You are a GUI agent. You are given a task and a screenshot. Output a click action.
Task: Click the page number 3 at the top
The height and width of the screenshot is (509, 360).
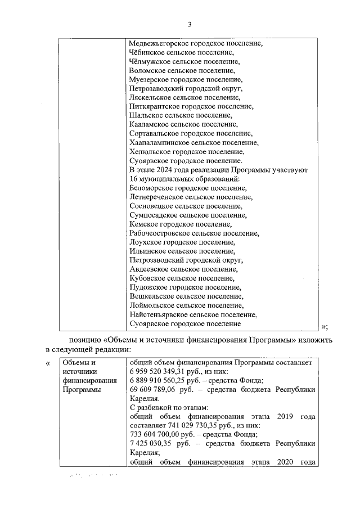coord(190,24)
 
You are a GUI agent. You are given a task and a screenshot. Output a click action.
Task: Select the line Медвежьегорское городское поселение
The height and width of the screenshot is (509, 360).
coord(196,43)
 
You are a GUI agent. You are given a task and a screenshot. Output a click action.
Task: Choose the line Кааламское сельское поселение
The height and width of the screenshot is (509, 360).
coord(183,124)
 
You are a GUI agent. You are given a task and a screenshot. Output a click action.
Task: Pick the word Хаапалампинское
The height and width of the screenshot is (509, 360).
coord(158,142)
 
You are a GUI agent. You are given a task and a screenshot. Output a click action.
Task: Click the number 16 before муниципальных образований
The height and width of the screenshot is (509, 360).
coord(134,179)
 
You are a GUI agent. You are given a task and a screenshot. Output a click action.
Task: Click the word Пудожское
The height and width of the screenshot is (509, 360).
coord(148,287)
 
